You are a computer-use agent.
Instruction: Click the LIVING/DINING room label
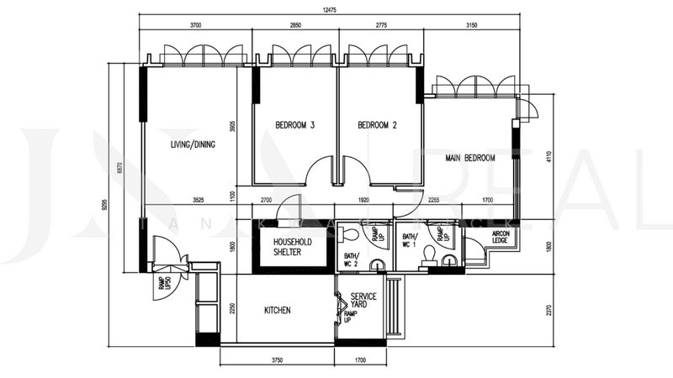(x=193, y=144)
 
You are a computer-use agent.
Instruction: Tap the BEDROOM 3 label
(x=294, y=126)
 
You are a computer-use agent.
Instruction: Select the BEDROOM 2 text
(x=377, y=126)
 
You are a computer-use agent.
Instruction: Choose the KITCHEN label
(x=278, y=311)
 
